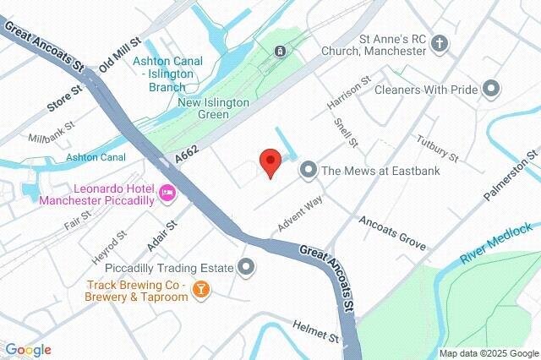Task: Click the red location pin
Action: click(270, 161)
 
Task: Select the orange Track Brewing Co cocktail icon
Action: click(200, 290)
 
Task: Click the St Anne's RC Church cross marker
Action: click(440, 43)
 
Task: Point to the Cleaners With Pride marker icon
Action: click(491, 88)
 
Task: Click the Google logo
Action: click(27, 349)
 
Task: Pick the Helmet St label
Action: click(315, 330)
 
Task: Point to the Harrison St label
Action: click(349, 96)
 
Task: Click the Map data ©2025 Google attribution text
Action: click(489, 352)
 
